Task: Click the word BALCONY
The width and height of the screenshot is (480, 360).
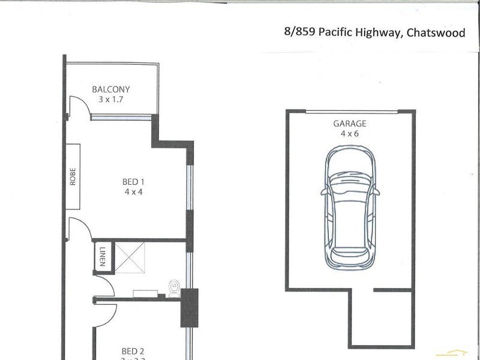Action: pos(110,89)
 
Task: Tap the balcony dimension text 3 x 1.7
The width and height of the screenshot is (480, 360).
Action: pos(110,100)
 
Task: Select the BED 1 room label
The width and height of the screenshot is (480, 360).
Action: pos(133,182)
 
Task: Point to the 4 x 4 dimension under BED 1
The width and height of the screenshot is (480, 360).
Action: pos(133,192)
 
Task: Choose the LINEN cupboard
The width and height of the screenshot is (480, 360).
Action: pos(101,256)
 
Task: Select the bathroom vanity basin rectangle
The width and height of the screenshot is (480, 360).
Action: pos(145,293)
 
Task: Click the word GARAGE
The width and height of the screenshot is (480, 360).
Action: pos(349,124)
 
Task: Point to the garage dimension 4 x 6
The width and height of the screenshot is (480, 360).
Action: pos(349,134)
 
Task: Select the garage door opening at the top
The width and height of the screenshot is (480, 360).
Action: pos(351,112)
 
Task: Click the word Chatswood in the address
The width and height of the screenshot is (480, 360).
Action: pos(436,33)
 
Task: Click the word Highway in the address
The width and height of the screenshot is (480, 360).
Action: pos(378,33)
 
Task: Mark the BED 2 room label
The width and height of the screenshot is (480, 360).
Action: pos(133,352)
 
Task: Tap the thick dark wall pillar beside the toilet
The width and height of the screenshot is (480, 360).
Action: pos(189,307)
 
